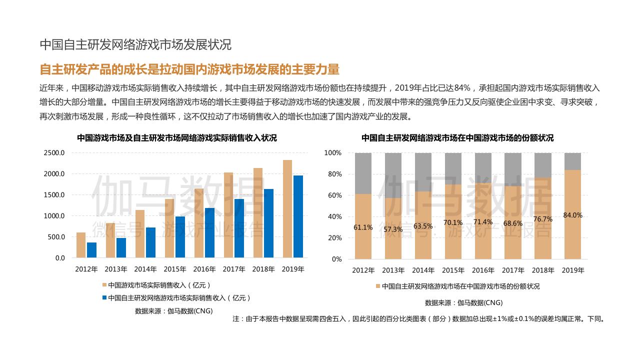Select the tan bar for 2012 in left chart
point(81,245)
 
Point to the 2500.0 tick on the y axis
point(54,153)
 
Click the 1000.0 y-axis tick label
point(54,216)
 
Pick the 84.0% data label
point(573,215)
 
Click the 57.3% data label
point(393,229)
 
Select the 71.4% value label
point(483,222)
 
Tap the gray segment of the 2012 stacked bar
point(363,173)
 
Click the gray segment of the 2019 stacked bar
point(573,161)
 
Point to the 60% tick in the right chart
point(333,195)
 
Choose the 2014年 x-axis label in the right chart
point(423,270)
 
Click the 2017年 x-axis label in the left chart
point(234,269)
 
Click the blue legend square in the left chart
point(104,297)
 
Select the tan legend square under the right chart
point(378,287)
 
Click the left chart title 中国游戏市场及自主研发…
point(177,138)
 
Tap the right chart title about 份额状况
point(457,138)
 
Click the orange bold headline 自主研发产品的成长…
point(189,69)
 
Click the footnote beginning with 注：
point(418,318)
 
